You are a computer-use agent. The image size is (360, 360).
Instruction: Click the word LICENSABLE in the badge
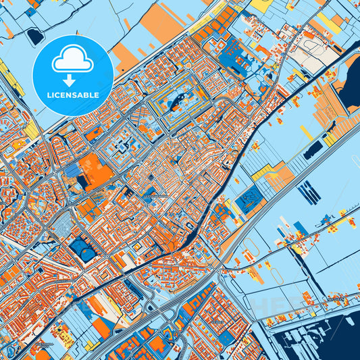(72, 95)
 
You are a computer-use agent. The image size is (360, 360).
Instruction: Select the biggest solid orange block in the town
(96, 168)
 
